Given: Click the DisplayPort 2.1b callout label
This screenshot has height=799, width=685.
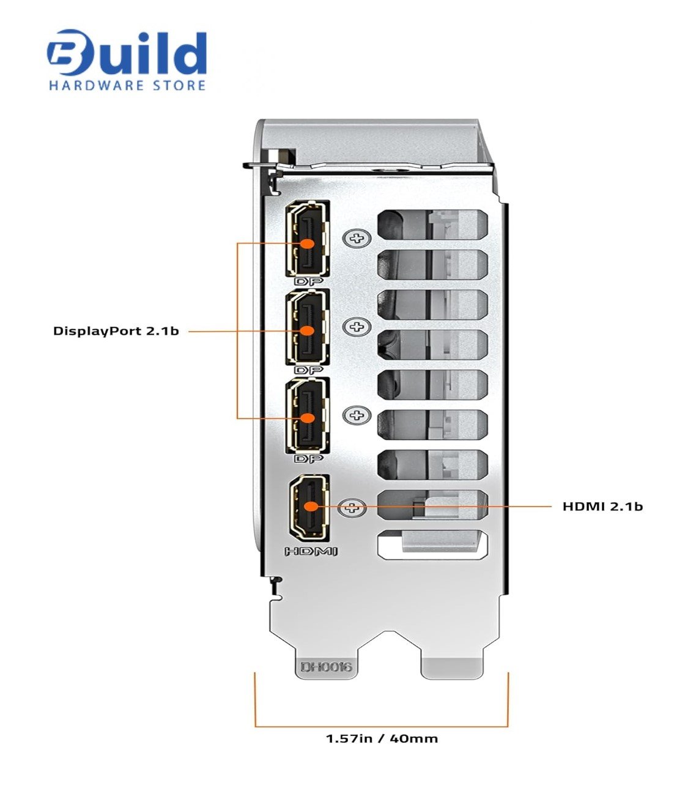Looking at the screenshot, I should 116,332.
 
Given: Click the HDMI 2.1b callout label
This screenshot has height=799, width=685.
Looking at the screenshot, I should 602,506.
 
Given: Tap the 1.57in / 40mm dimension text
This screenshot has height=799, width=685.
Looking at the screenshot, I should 382,738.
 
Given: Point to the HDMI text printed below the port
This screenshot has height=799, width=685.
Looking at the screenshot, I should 311,551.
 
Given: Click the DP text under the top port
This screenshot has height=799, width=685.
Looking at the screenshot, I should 308,282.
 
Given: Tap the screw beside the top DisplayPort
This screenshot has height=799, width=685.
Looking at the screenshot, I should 356,238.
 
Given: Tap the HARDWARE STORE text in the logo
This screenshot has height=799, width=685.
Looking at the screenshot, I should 127,85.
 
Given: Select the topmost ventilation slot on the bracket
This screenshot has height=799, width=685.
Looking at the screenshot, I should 433,225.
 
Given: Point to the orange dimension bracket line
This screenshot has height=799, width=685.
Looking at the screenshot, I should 382,726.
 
